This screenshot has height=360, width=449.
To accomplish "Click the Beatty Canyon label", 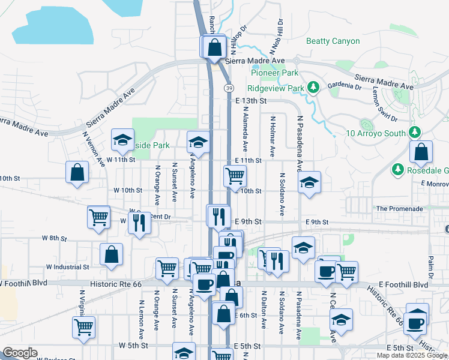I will tap(333, 41).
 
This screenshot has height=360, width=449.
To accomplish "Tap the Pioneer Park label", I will tap(274, 73).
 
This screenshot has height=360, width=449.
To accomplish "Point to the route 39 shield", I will tap(230, 88).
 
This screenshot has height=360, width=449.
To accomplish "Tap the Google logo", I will tap(20, 353).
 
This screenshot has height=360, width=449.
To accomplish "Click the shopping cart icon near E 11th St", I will tap(235, 176).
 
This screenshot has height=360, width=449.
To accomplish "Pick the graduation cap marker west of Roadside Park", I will tap(122, 141).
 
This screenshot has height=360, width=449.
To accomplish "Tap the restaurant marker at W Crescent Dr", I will tap(139, 224).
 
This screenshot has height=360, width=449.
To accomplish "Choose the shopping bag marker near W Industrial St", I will tap(112, 255).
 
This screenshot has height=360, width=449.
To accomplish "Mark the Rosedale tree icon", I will tap(397, 170).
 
